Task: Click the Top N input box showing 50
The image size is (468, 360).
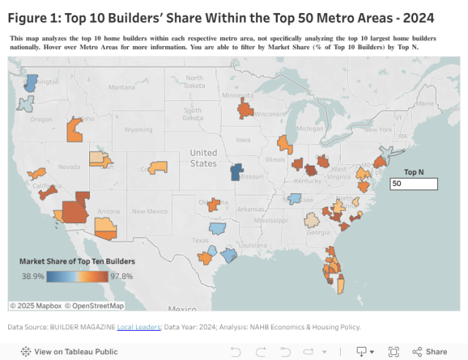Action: [414, 184]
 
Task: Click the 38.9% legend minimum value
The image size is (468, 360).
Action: [33, 276]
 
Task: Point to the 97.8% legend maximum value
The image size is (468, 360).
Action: [122, 276]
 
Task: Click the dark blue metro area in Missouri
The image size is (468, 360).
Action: [237, 172]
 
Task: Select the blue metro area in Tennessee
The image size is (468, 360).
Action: [295, 198]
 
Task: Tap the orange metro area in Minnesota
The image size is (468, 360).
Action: [245, 110]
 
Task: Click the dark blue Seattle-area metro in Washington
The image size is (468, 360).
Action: [30, 83]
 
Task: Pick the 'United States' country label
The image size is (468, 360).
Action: [203, 158]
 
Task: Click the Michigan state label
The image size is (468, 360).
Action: [310, 129]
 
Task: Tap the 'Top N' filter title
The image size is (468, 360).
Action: [414, 172]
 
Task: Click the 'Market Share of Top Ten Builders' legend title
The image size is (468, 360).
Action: [77, 261]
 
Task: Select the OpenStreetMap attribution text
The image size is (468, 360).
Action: [94, 305]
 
